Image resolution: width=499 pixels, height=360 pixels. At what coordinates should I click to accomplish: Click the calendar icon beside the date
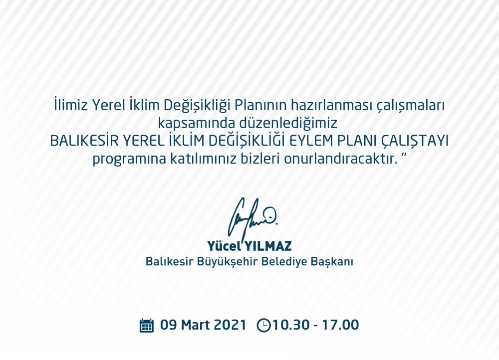click(147, 325)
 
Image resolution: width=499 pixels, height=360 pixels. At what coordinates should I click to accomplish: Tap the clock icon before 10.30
click(263, 325)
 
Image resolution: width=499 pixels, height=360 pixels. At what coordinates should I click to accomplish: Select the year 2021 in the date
click(230, 325)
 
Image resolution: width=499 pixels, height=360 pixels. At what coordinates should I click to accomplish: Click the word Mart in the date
click(196, 325)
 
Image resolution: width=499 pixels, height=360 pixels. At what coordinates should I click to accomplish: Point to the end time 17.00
click(340, 325)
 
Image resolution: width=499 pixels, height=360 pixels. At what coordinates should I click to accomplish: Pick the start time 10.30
click(291, 325)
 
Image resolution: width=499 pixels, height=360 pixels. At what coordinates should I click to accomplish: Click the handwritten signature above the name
click(252, 218)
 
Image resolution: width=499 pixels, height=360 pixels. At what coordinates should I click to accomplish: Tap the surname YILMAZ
click(268, 246)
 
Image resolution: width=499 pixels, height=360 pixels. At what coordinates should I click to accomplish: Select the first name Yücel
click(224, 246)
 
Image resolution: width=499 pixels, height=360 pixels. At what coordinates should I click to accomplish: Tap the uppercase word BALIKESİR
click(84, 140)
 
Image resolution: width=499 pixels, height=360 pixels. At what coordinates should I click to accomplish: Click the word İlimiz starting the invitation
click(71, 105)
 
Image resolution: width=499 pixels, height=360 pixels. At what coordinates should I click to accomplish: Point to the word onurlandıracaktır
click(341, 159)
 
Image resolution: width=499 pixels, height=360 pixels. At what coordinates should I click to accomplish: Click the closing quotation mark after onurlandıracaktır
click(405, 156)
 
